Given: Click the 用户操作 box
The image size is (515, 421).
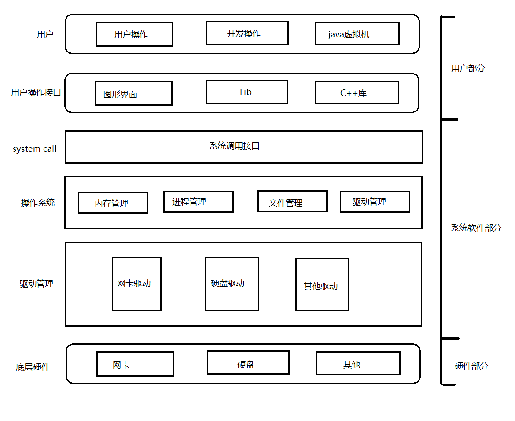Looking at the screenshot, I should pos(134,34).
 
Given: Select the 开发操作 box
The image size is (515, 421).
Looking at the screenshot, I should pos(247,33).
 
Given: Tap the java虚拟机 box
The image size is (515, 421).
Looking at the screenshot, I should pos(357,34).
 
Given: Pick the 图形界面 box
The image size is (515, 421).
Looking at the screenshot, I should pos(134,93).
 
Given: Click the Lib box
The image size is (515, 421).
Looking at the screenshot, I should pos(247,92).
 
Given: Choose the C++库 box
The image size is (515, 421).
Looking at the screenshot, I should pos(357,93).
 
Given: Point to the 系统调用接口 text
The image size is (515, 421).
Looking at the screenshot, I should pos(235,146).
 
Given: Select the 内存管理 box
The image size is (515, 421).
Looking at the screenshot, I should pos(113,203).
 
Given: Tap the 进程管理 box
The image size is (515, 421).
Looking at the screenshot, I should pos(199,201).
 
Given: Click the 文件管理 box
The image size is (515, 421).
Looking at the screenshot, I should pos(293,201).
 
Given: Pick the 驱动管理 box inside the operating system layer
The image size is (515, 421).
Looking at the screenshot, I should pos(375,201).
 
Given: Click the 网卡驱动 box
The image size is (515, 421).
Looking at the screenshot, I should pos(137,284).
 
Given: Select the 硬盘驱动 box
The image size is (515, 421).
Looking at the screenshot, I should pos(232,284).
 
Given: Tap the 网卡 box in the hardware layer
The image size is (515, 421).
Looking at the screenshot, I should pos(135,364).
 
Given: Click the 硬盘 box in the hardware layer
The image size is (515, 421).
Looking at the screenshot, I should pos(248,362).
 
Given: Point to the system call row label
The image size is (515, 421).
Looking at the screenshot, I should pos(35,149).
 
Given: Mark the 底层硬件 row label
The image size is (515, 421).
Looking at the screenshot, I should pos(33,367).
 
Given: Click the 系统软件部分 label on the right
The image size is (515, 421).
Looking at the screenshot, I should pos(476,228).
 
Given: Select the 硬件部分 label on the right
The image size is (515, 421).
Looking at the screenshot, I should pos(471,366).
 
